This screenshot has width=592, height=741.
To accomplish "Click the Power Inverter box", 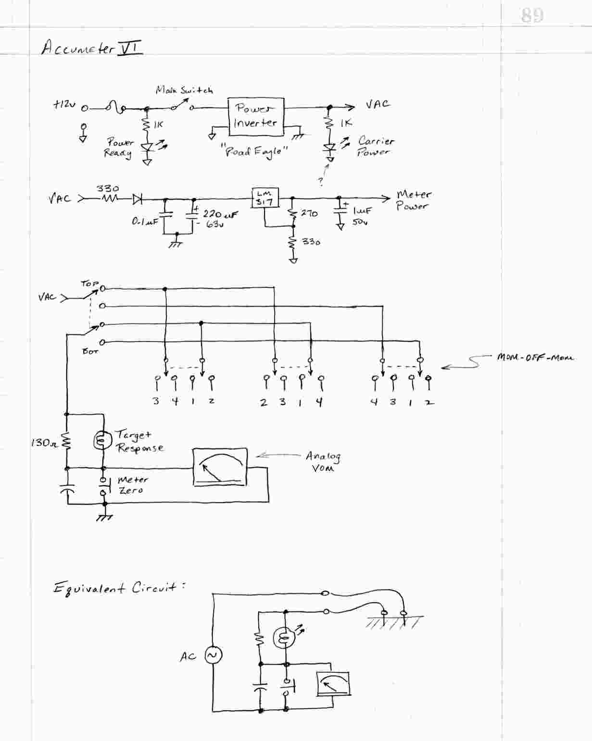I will coord(255,116).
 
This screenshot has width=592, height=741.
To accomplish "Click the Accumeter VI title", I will coord(91,49).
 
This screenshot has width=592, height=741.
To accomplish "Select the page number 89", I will coord(532,15).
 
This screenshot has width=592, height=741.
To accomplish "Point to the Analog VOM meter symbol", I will coord(220,467).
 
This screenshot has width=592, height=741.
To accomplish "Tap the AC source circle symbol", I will coord(213,655).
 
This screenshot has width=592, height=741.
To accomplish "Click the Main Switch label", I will coord(184,90).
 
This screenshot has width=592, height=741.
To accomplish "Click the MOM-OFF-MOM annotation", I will coord(535,358).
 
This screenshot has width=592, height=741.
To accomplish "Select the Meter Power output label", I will coord(413,200).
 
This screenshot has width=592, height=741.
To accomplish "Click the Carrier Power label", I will coord(375,147).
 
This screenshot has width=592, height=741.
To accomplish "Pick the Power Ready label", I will coord(119,148).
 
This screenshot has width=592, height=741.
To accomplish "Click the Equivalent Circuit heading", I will coord(119,588).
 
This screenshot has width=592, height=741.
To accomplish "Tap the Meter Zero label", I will coord(132,485).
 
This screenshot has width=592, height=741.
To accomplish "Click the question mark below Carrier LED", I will coord(321,182).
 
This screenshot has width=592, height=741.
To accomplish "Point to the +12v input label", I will coord(64,105).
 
